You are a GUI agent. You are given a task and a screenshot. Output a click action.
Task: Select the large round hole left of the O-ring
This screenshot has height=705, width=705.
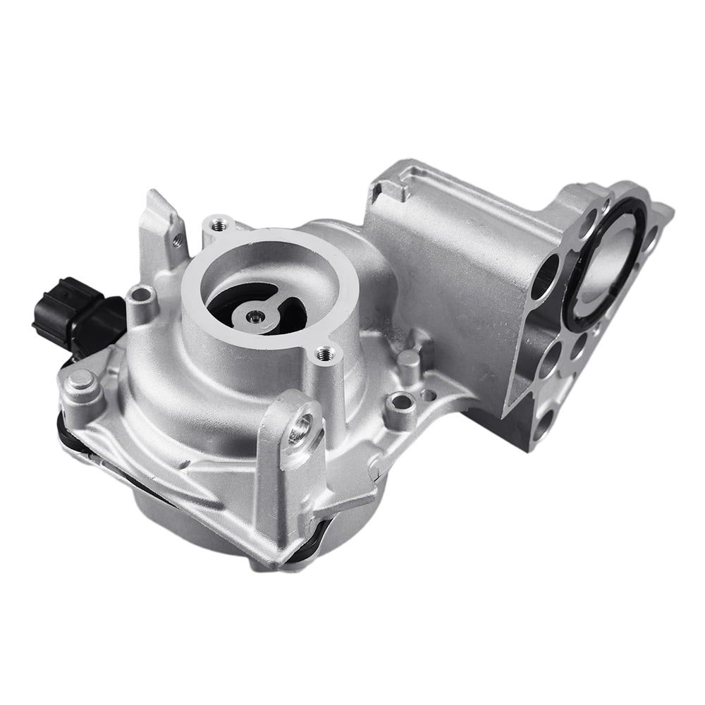click(545, 277)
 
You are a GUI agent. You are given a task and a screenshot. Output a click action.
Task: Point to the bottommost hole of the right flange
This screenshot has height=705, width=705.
click(544, 427)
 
